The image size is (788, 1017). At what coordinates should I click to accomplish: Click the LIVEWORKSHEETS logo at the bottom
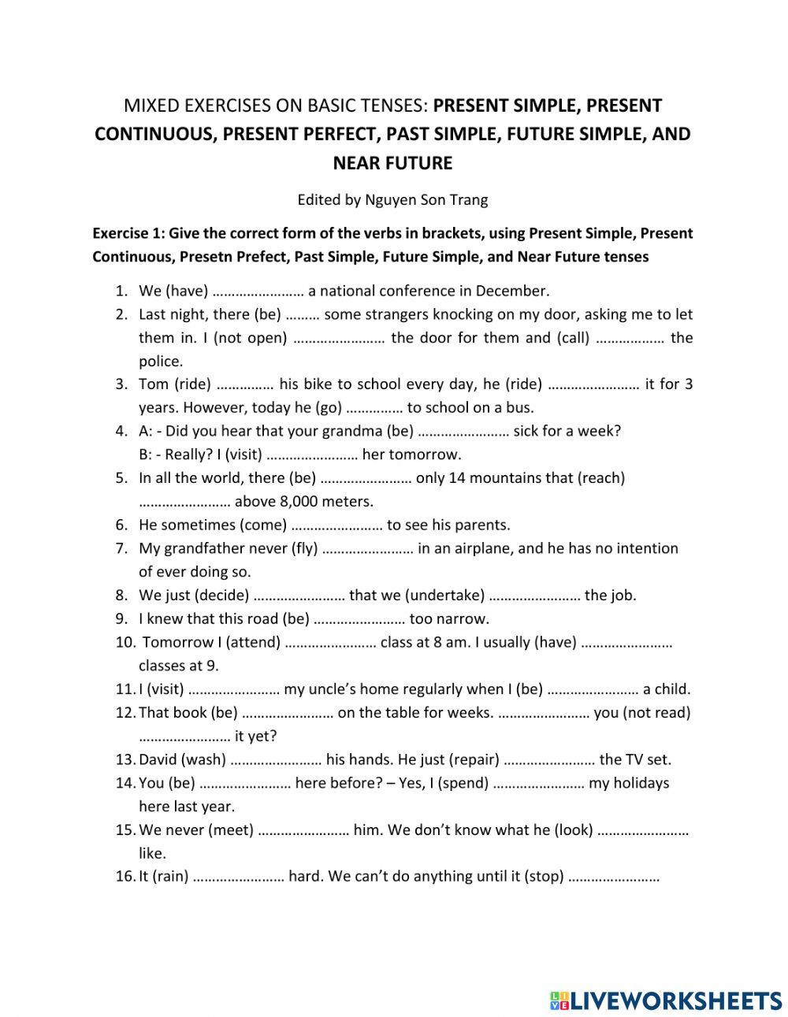click(x=666, y=1000)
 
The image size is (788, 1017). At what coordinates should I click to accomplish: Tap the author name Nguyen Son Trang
click(x=426, y=199)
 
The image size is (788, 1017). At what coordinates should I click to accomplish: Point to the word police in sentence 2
click(x=161, y=362)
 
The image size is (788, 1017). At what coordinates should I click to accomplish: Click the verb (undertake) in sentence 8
click(x=446, y=596)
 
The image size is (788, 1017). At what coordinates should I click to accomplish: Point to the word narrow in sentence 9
click(x=461, y=619)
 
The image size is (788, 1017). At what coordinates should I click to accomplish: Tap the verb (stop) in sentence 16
click(x=544, y=877)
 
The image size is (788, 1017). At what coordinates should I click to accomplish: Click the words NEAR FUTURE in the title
click(x=392, y=163)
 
